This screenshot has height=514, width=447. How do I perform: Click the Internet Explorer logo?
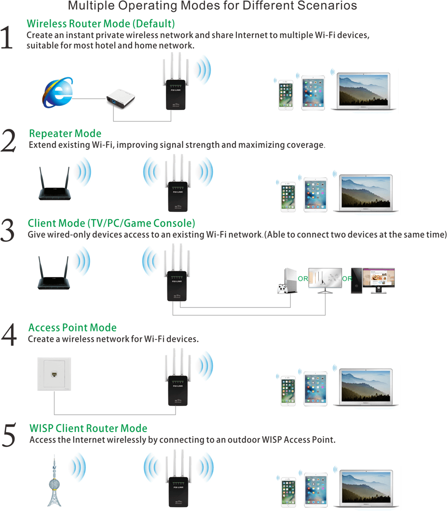[58, 93]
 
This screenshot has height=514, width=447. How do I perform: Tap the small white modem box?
[121, 98]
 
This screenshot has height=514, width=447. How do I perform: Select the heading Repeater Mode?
[65, 133]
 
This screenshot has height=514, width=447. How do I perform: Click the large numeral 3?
[8, 230]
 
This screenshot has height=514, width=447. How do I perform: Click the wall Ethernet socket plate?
[54, 374]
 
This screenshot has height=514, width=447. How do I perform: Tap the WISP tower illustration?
[54, 481]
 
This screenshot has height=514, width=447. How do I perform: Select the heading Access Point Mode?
[72, 328]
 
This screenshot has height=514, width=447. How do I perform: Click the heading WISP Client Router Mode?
[88, 428]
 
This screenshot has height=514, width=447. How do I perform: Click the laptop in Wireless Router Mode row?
[363, 91]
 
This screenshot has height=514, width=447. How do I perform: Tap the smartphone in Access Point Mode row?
[288, 391]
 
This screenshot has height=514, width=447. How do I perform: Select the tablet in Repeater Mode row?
[315, 194]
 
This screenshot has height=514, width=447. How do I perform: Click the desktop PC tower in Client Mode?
[356, 280]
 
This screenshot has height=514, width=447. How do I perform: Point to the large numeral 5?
[9, 435]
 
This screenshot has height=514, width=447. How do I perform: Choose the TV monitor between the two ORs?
[325, 280]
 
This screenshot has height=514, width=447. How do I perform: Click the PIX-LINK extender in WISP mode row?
[178, 479]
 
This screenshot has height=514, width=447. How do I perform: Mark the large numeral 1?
[7, 38]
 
